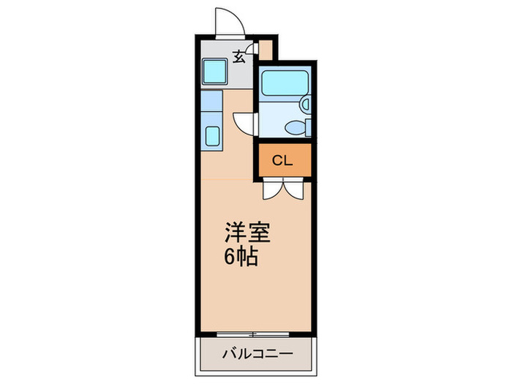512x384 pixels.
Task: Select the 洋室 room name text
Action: click(x=246, y=233)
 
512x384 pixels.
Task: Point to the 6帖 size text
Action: click(x=240, y=257)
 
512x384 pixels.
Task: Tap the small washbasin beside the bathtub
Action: click(x=306, y=105)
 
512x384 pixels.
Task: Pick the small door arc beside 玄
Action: click(x=253, y=50)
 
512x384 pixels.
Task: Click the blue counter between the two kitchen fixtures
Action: click(x=211, y=108)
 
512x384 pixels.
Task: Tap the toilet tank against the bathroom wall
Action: click(x=308, y=127)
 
